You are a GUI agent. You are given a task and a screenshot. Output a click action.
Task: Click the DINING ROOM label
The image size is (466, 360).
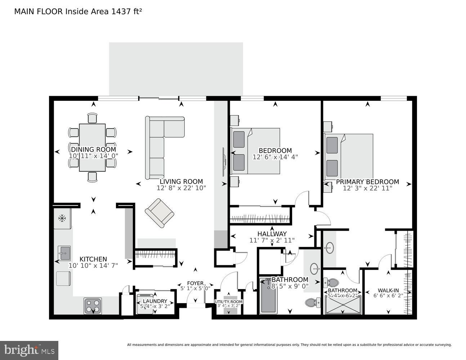pyautogui.click(x=93, y=149)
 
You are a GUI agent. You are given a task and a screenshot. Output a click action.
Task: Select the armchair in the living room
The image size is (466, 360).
pyautogui.click(x=159, y=213)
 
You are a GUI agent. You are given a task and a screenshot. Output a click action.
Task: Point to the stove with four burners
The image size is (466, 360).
pyautogui.click(x=93, y=306)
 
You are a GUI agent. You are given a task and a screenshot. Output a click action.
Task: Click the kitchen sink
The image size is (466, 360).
pyautogui.click(x=65, y=253)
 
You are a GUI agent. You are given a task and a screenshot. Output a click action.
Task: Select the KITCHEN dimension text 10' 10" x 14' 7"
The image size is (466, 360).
pyautogui.click(x=93, y=265)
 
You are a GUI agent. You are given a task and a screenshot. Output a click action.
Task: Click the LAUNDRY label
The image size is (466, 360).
pyautogui.click(x=155, y=301)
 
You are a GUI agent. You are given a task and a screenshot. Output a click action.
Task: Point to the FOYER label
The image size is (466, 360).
pyautogui.click(x=195, y=283)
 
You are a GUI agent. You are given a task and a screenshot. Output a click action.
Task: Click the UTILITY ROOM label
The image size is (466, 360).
pyautogui.click(x=229, y=302)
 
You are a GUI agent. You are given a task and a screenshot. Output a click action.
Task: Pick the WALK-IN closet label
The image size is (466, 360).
pyautogui.click(x=388, y=291)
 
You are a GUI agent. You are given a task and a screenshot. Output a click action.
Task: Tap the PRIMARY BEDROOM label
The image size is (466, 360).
pyautogui.click(x=367, y=182)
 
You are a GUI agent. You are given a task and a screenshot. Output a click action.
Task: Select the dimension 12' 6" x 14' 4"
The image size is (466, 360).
pyautogui.click(x=275, y=157)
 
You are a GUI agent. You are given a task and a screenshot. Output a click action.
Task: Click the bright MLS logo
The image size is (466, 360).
pyautogui.click(x=29, y=350)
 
